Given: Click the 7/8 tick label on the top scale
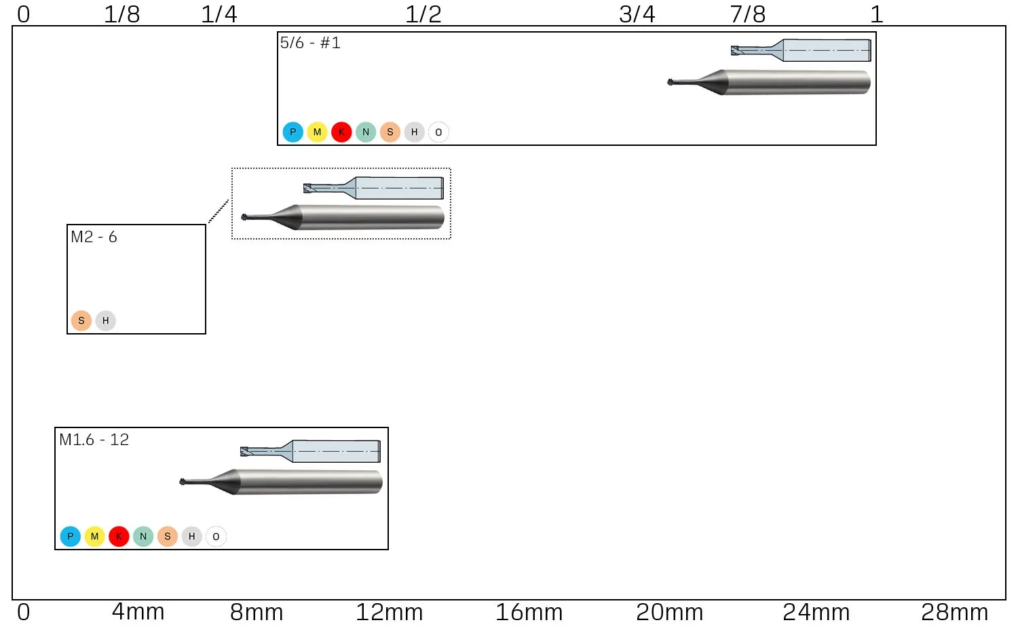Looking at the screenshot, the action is pos(748,14).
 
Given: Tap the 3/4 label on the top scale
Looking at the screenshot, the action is pos(637,14).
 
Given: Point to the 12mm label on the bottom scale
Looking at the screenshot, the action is pos(389,612).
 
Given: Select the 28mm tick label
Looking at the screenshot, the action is pos(954,612).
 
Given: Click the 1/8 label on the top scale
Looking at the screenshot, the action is pos(121,14).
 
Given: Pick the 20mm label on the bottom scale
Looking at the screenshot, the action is pos(669,612).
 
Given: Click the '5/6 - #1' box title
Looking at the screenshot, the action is pos(310,43).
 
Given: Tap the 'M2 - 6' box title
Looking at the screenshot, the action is pos(94,237).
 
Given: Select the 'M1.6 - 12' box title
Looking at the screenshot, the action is pos(94,439).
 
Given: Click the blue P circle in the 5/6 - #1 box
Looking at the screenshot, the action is pos(293,132).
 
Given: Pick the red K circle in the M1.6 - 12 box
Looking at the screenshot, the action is pos(119,536).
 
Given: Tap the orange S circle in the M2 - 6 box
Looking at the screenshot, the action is pos(81,320).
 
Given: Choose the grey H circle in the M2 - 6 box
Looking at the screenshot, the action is pos(105,320).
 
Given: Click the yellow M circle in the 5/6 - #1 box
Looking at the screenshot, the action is pos(317,132).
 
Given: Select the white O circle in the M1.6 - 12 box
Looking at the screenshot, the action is pos(216,536).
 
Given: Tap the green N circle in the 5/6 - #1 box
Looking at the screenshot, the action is pos(366,132).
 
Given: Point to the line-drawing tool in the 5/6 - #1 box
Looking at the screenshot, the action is pos(801,50).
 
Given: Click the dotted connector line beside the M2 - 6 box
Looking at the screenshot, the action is pos(218,211).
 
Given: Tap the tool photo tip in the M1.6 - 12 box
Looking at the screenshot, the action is pos(183,482).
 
